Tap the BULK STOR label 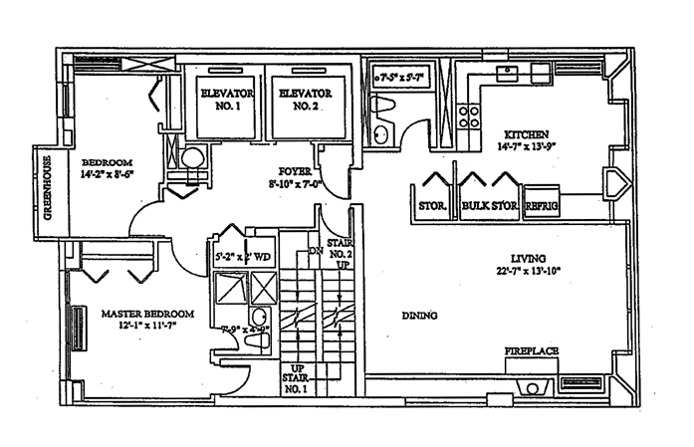487,207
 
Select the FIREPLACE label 530,351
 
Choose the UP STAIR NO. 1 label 297,380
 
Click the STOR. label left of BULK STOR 430,207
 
